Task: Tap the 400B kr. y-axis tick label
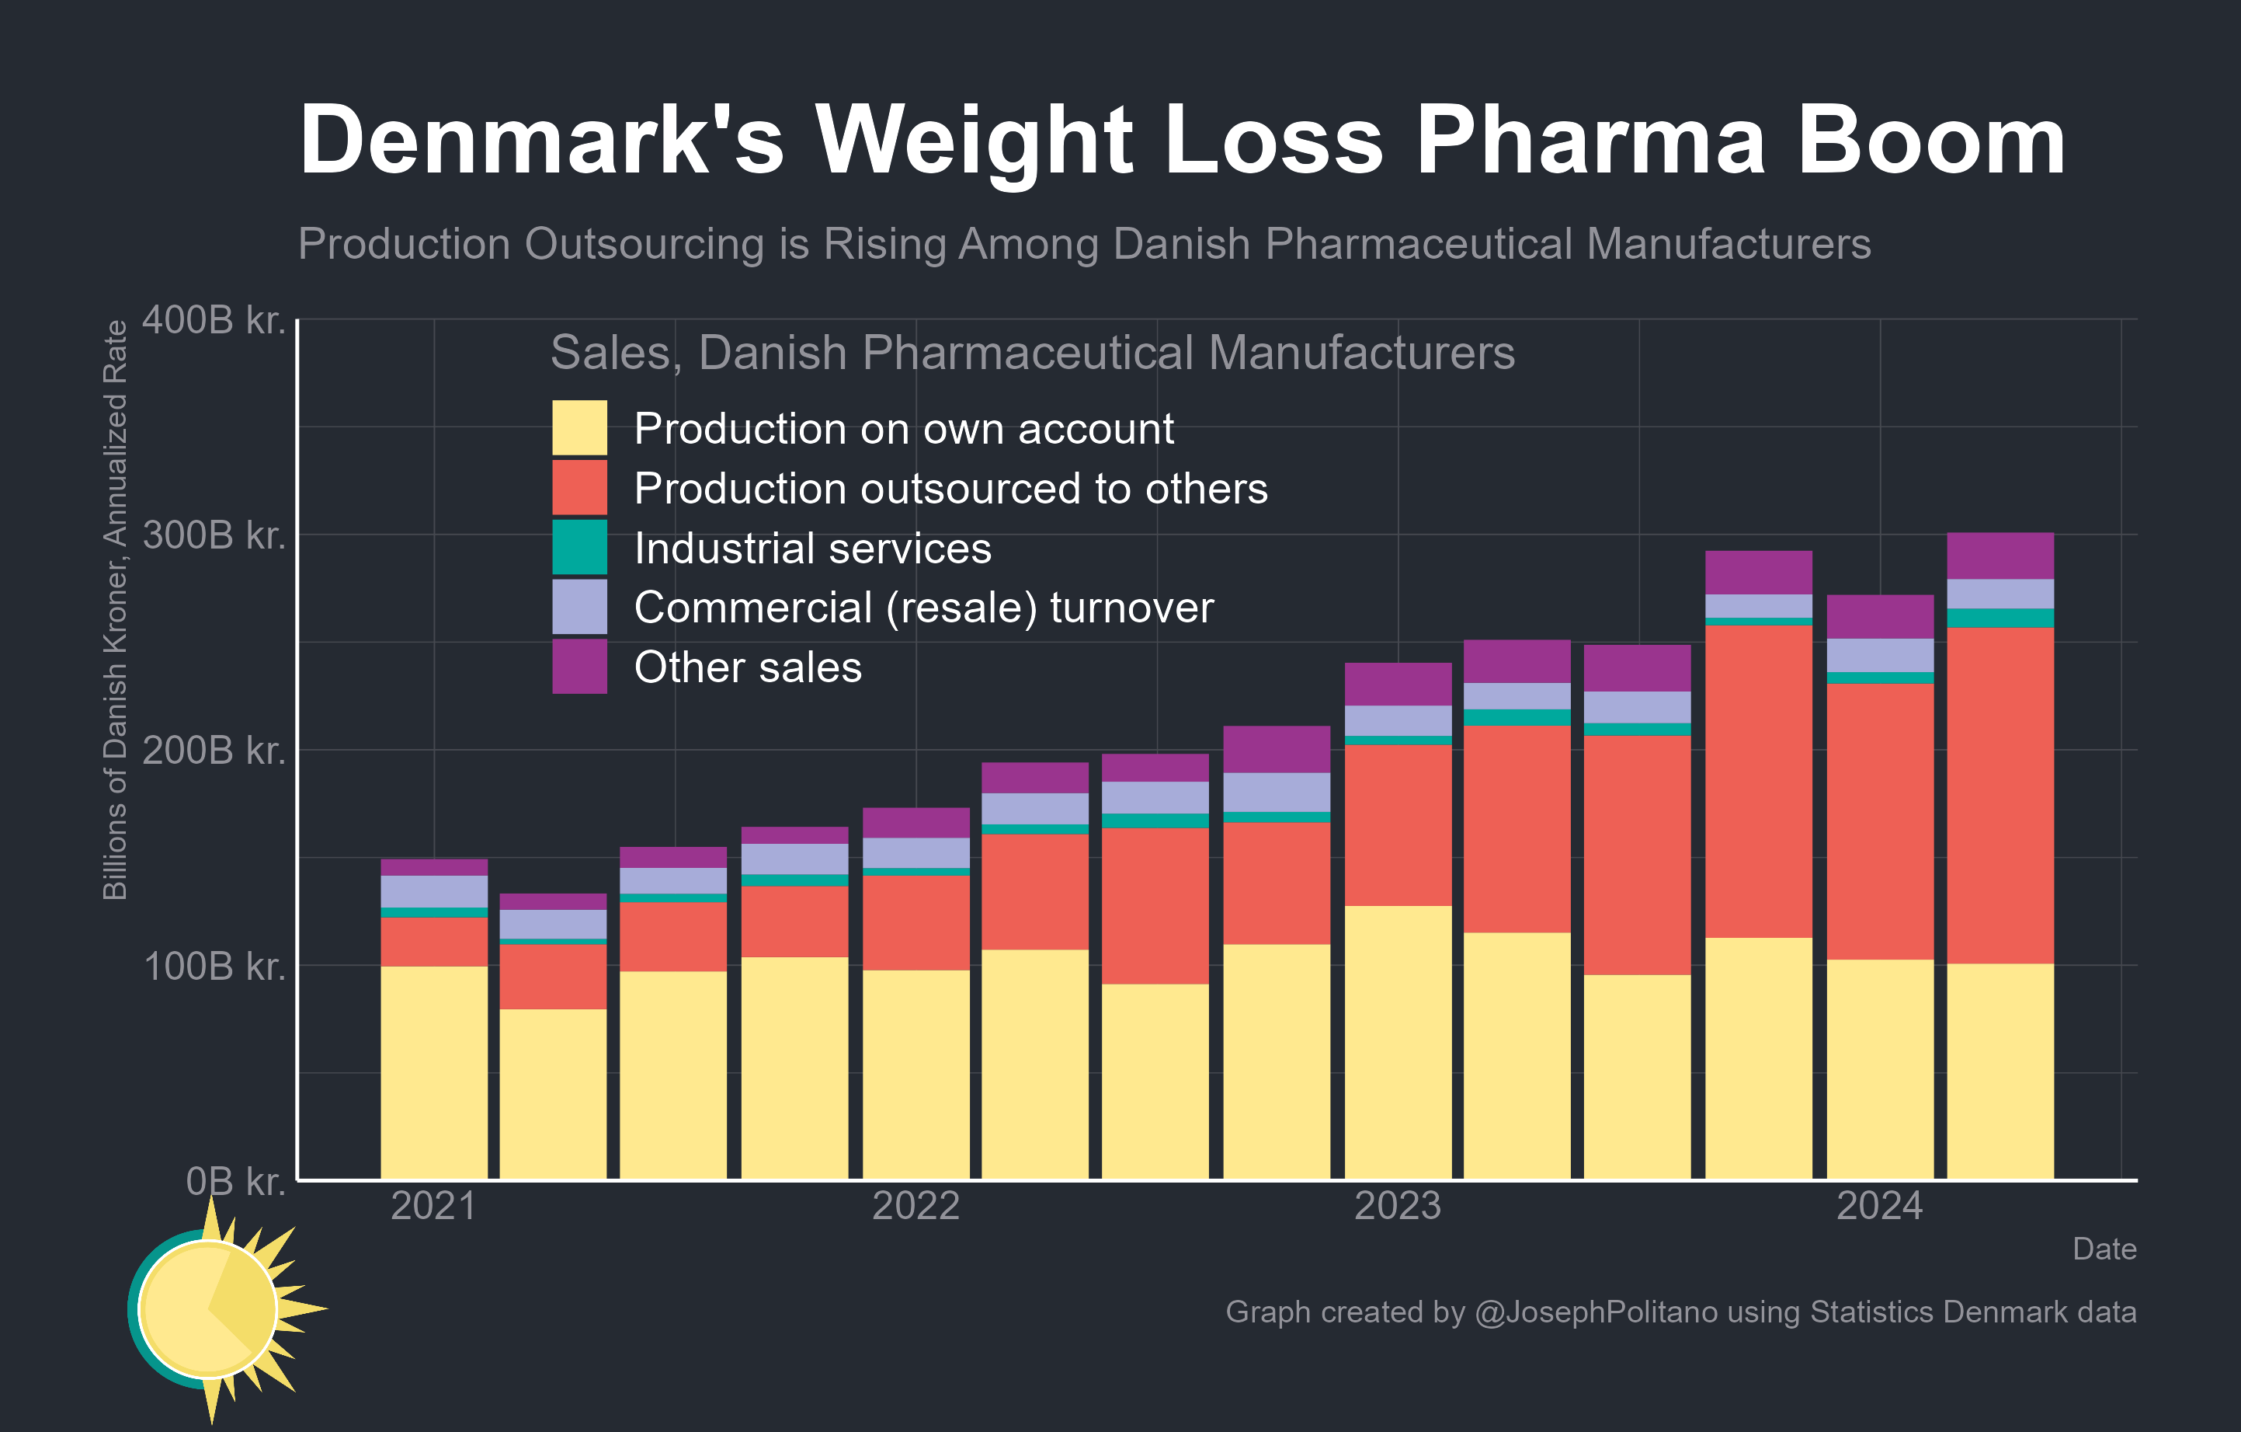213,320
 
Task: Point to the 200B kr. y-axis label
213,751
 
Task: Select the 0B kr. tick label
235,1182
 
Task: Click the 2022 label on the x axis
916,1207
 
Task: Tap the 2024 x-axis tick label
1879,1207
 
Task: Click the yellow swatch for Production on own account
578,428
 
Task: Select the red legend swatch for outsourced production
578,488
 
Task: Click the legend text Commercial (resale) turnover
923,608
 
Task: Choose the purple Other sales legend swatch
578,667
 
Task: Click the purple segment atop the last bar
2000,556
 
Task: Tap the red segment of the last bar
2000,796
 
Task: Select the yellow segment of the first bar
434,1072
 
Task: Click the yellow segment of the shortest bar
553,1094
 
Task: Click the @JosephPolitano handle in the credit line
1596,1312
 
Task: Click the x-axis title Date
2104,1249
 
